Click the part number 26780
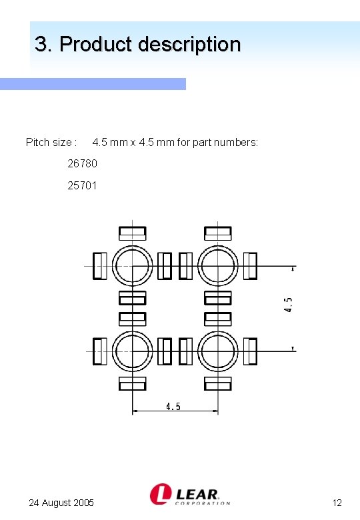(x=82, y=163)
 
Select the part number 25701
(x=82, y=185)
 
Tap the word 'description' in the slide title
(x=189, y=45)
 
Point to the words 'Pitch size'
(x=49, y=143)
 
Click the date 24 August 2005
(x=61, y=503)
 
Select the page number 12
(x=337, y=503)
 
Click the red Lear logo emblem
(x=161, y=494)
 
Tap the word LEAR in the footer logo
(x=197, y=494)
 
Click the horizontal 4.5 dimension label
(x=173, y=407)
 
